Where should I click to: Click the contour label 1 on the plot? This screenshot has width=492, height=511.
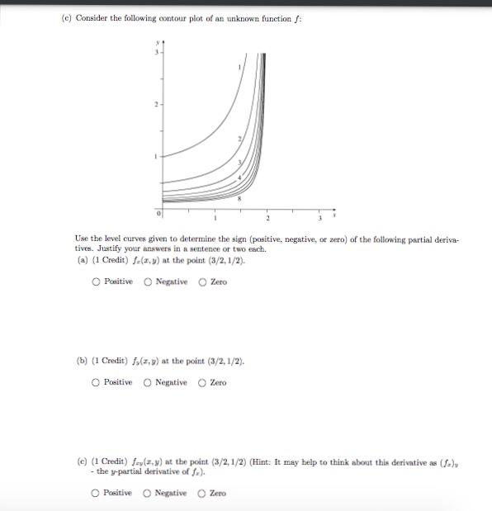[241, 67]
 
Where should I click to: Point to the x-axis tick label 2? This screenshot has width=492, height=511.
[267, 219]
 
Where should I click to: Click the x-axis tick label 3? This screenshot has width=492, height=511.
[319, 219]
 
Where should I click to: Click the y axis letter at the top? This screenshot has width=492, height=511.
[153, 42]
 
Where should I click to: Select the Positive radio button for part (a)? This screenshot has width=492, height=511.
[96, 282]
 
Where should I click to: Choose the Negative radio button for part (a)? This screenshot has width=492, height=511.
[149, 282]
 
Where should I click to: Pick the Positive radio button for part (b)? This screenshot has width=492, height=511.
[96, 382]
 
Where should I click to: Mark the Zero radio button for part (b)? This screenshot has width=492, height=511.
[203, 382]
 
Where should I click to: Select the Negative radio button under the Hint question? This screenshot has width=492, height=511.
[149, 493]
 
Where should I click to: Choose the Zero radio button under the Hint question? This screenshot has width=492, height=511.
[203, 493]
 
